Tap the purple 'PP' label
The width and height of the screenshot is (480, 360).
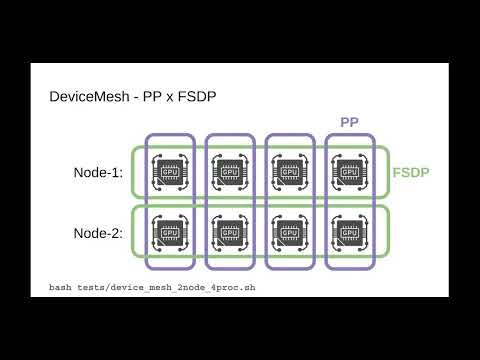[x=349, y=122]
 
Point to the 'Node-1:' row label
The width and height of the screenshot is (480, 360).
[x=98, y=173]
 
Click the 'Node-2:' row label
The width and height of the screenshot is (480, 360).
[x=98, y=234]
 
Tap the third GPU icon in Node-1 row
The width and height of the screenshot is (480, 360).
[x=289, y=173]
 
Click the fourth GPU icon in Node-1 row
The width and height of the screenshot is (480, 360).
[x=349, y=173]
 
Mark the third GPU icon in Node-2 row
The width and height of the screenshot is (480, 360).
[x=289, y=234]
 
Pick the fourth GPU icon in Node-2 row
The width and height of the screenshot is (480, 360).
[x=349, y=234]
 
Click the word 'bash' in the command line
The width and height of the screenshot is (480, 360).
[x=61, y=288]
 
